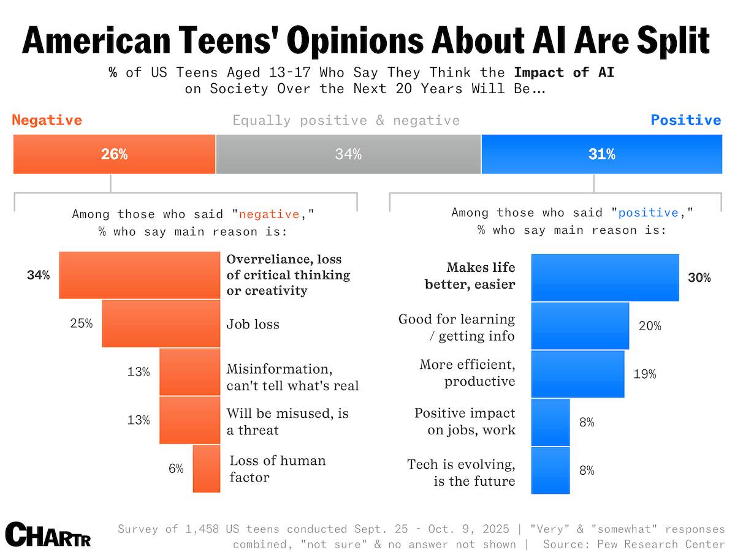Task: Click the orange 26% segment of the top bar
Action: (115, 154)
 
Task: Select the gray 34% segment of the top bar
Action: (348, 154)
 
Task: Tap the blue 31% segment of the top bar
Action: (602, 154)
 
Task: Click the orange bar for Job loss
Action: (161, 323)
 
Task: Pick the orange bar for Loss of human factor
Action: (207, 469)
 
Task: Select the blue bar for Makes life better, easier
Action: (605, 277)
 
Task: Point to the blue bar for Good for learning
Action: (580, 326)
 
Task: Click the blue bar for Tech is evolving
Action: (550, 470)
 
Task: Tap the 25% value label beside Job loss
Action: (82, 323)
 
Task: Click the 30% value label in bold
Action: (699, 277)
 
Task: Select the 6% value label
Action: (176, 469)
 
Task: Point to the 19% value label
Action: (644, 374)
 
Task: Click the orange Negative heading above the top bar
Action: (47, 120)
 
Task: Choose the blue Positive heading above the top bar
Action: (686, 120)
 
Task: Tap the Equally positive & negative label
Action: (346, 120)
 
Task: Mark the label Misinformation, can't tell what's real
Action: (292, 377)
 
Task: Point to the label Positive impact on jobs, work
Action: (465, 421)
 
